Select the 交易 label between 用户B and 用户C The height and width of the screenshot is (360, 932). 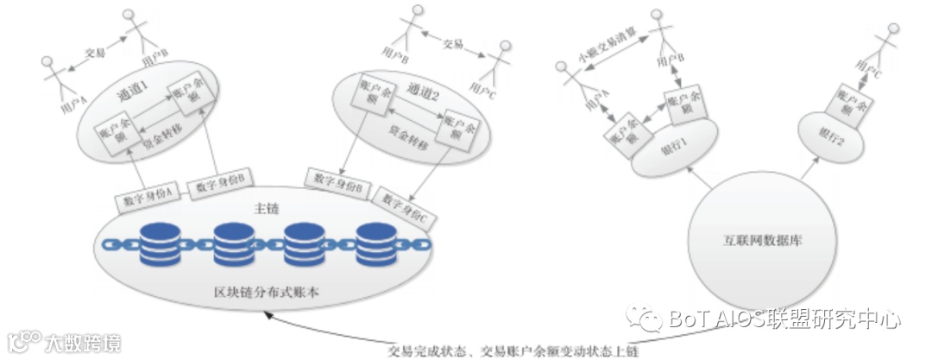coord(453,43)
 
